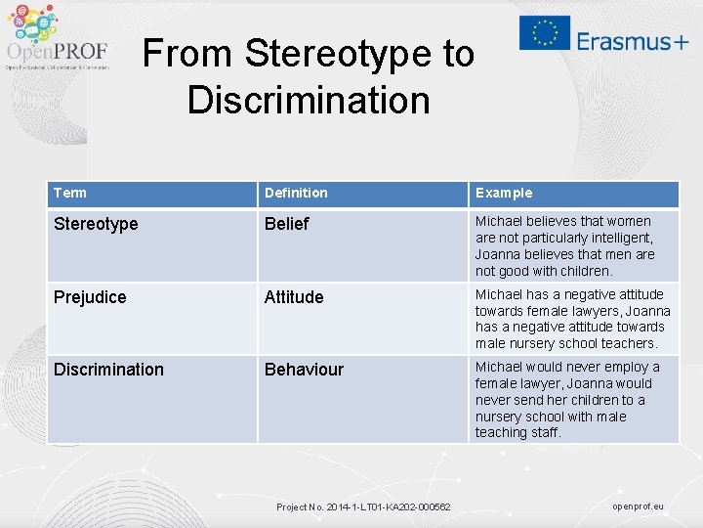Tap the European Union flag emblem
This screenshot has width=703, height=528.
(544, 33)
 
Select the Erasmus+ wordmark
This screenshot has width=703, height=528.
(632, 41)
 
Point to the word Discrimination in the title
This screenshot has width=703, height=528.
(309, 100)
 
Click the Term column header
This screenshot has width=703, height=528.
(70, 193)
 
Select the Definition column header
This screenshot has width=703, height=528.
(296, 193)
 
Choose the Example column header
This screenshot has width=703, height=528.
(504, 193)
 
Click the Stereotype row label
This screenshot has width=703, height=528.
(96, 224)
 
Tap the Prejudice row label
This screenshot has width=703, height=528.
(90, 296)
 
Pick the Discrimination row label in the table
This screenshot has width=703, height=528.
(108, 369)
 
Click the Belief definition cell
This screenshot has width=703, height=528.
(286, 224)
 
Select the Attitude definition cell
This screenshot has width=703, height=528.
(294, 296)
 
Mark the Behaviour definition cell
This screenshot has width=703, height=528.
(304, 369)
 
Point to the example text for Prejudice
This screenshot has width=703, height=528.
(572, 319)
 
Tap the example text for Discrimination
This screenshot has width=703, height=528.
(567, 399)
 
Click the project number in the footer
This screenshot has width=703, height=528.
(363, 506)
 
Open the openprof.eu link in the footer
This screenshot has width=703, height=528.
(638, 506)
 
